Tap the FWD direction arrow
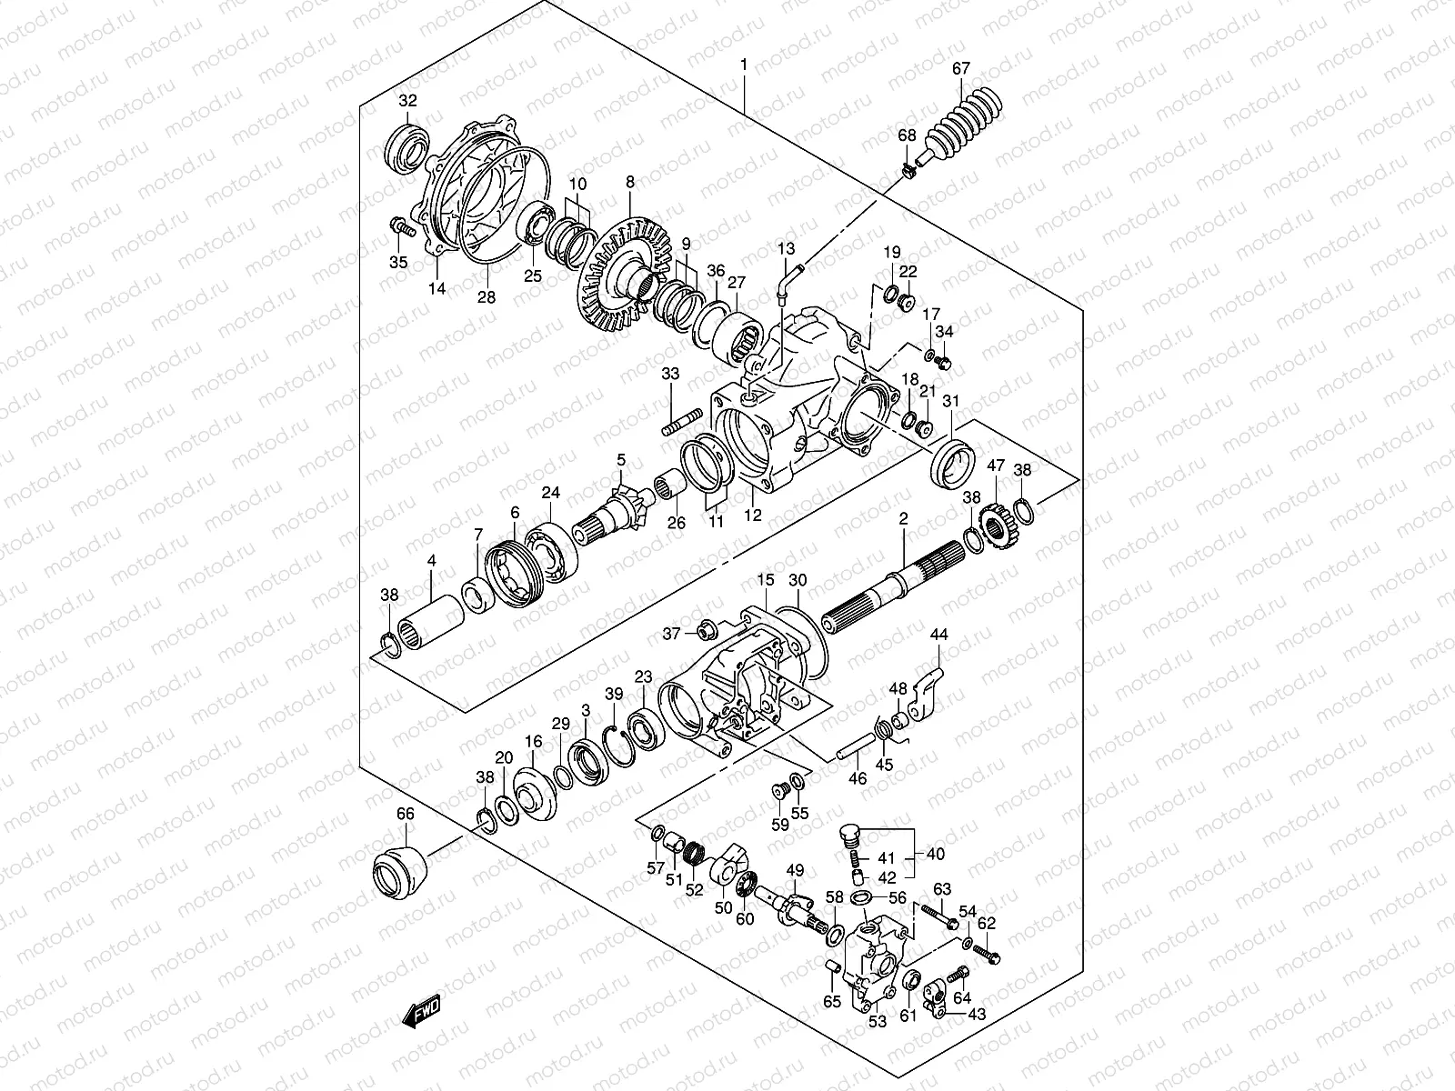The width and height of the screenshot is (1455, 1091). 422,1011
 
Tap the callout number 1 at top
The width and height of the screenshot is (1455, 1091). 744,65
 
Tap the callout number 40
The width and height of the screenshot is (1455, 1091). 936,855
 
